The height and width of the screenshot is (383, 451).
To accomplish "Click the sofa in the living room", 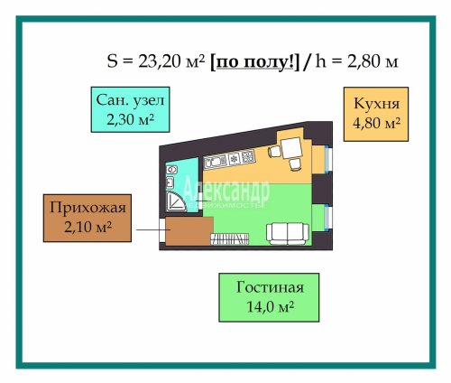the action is pyautogui.click(x=288, y=234).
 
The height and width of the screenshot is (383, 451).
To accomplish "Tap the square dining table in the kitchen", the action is pyautogui.click(x=291, y=147).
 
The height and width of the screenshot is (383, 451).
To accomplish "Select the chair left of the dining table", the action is pyautogui.click(x=274, y=151).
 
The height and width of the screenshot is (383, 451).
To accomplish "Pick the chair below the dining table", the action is pyautogui.click(x=295, y=164).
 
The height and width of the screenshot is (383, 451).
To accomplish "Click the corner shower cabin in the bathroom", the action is pyautogui.click(x=176, y=201).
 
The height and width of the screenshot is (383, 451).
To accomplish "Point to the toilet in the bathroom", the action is pyautogui.click(x=171, y=170).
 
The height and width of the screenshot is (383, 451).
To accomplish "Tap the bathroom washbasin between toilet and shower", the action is pyautogui.click(x=170, y=182).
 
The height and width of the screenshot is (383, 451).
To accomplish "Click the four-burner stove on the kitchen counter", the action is pyautogui.click(x=248, y=156).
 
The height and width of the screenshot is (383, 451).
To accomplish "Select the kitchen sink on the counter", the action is pyautogui.click(x=216, y=162).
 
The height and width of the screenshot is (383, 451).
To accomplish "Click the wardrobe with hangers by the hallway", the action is pyautogui.click(x=230, y=239).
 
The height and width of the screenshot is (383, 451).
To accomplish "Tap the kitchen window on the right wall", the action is pyautogui.click(x=328, y=159).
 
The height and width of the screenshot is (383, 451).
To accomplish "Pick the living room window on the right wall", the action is pyautogui.click(x=328, y=218).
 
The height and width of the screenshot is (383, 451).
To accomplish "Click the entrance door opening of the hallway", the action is pyautogui.click(x=162, y=230).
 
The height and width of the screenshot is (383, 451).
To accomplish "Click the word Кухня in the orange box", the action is pyautogui.click(x=377, y=104).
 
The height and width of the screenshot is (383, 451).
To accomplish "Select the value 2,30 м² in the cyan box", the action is pyautogui.click(x=131, y=119).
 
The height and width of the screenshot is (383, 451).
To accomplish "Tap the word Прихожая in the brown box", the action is pyautogui.click(x=87, y=208).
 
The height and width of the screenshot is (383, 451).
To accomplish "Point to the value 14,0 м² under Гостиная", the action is pyautogui.click(x=270, y=307).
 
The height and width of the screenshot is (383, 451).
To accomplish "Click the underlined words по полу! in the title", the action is pyautogui.click(x=255, y=62).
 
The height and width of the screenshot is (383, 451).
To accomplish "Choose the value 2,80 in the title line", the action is pyautogui.click(x=362, y=61).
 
